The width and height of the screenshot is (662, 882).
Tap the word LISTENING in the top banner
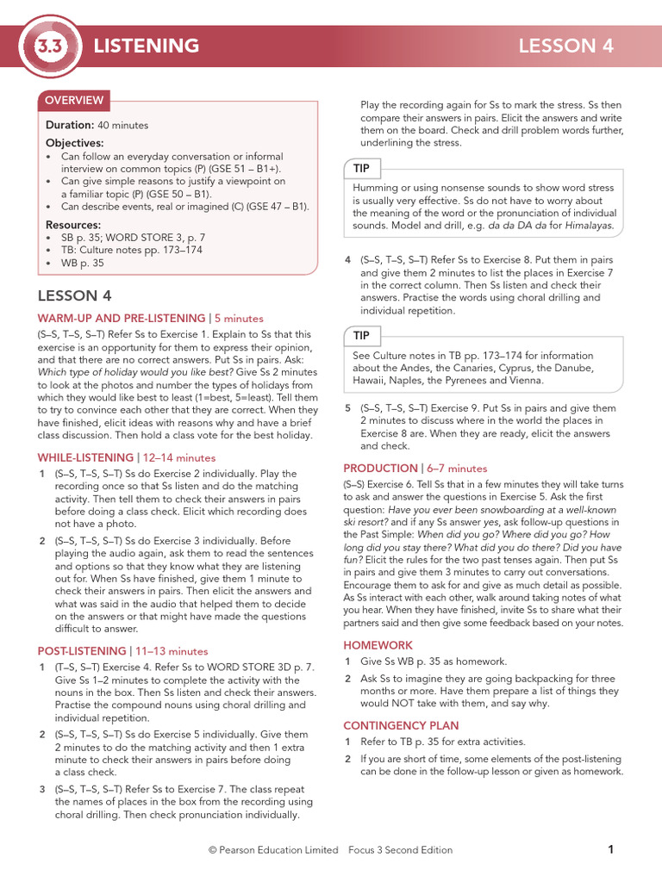146,46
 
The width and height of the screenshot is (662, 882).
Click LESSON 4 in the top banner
565,46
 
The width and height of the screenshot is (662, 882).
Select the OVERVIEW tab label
74,100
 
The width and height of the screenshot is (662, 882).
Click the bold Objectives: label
74,143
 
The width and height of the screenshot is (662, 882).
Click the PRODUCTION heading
380,469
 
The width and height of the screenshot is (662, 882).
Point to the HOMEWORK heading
378,645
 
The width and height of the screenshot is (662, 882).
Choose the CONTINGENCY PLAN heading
401,725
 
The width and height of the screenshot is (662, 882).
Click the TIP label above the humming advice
361,168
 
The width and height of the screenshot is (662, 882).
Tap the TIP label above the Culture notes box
361,334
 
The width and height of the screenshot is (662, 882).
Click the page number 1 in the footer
610,849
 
